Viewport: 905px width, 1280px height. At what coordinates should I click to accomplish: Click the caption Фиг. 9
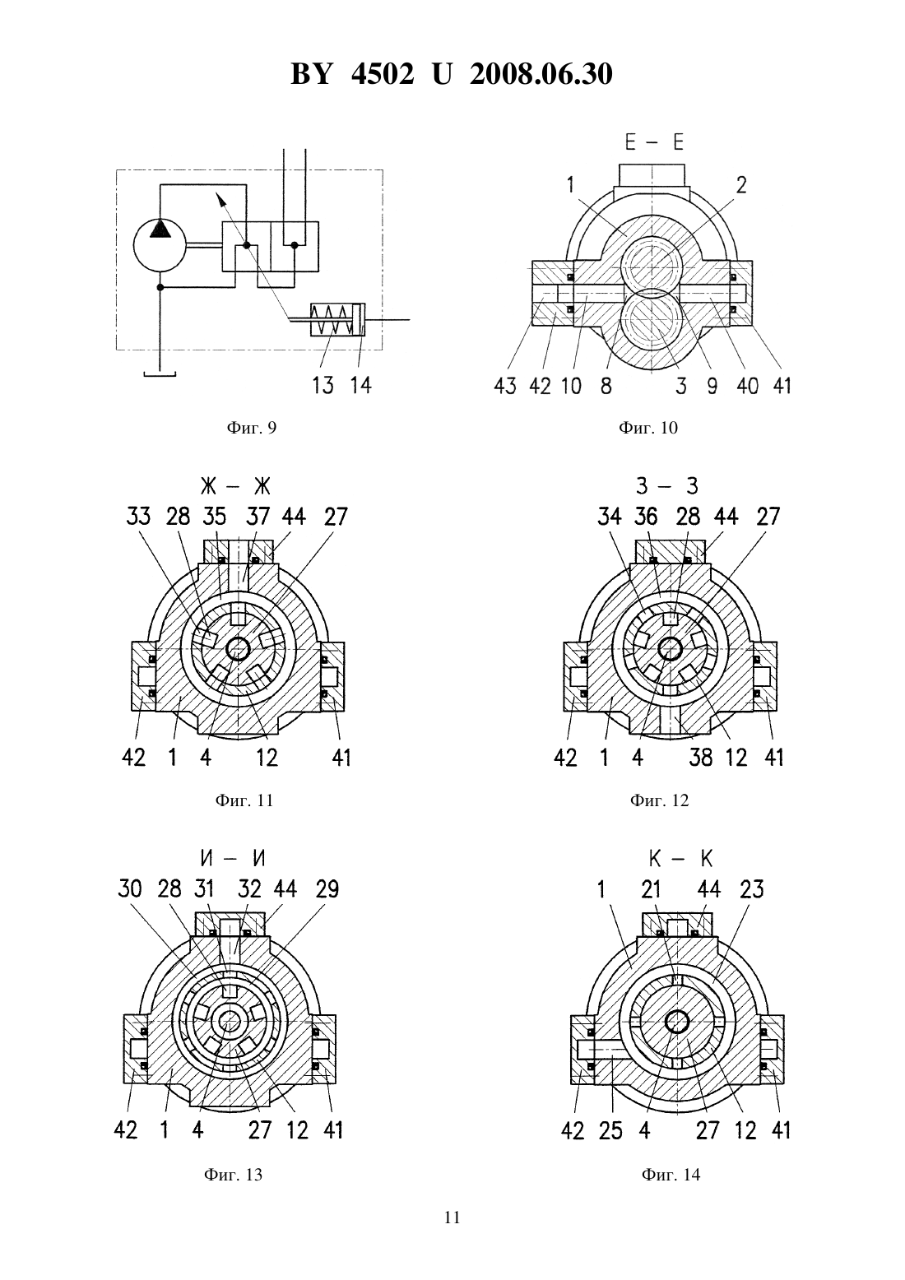252,428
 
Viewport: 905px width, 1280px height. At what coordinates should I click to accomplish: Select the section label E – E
653,141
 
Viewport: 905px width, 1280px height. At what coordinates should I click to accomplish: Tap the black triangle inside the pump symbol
160,229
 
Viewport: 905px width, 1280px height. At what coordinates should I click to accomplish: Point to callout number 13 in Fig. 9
323,385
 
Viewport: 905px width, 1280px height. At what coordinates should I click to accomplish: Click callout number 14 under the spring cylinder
360,385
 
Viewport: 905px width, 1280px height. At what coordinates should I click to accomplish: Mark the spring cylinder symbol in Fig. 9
337,319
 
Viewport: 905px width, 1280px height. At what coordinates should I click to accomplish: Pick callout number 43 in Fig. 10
505,386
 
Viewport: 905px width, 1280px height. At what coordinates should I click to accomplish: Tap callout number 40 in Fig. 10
747,386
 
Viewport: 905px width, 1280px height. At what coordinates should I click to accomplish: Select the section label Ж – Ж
235,486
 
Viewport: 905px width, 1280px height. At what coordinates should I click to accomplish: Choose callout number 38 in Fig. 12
700,758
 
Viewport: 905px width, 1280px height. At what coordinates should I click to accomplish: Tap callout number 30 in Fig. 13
130,888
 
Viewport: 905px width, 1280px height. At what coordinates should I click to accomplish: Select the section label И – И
233,858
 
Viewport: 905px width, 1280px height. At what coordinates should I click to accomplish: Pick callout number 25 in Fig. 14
610,1130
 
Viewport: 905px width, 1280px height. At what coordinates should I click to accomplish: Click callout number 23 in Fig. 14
751,888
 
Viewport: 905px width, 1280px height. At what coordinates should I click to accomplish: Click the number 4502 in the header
383,74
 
